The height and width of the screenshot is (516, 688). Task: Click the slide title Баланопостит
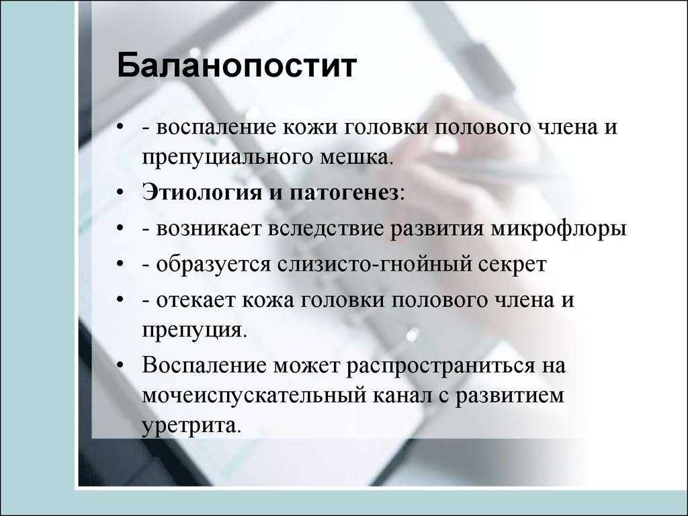236,67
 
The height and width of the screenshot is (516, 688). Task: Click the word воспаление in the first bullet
216,127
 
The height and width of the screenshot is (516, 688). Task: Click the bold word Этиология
202,193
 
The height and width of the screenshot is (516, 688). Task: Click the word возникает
208,229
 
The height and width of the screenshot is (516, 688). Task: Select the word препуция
194,331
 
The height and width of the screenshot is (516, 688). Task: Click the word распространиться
441,366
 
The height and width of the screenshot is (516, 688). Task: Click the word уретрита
191,425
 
